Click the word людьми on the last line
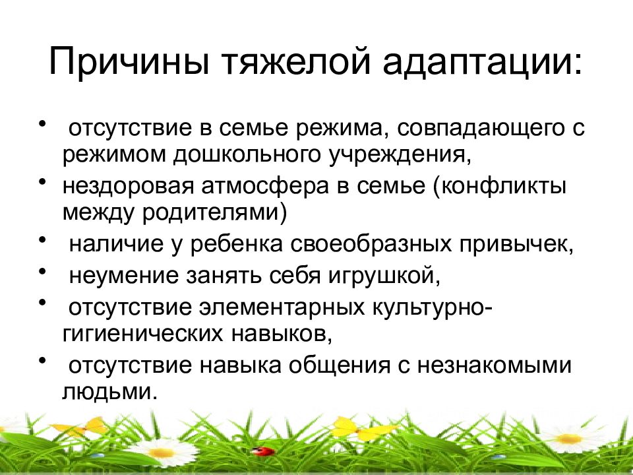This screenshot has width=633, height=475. pos(110,393)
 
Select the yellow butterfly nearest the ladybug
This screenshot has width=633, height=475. pos(356,428)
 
